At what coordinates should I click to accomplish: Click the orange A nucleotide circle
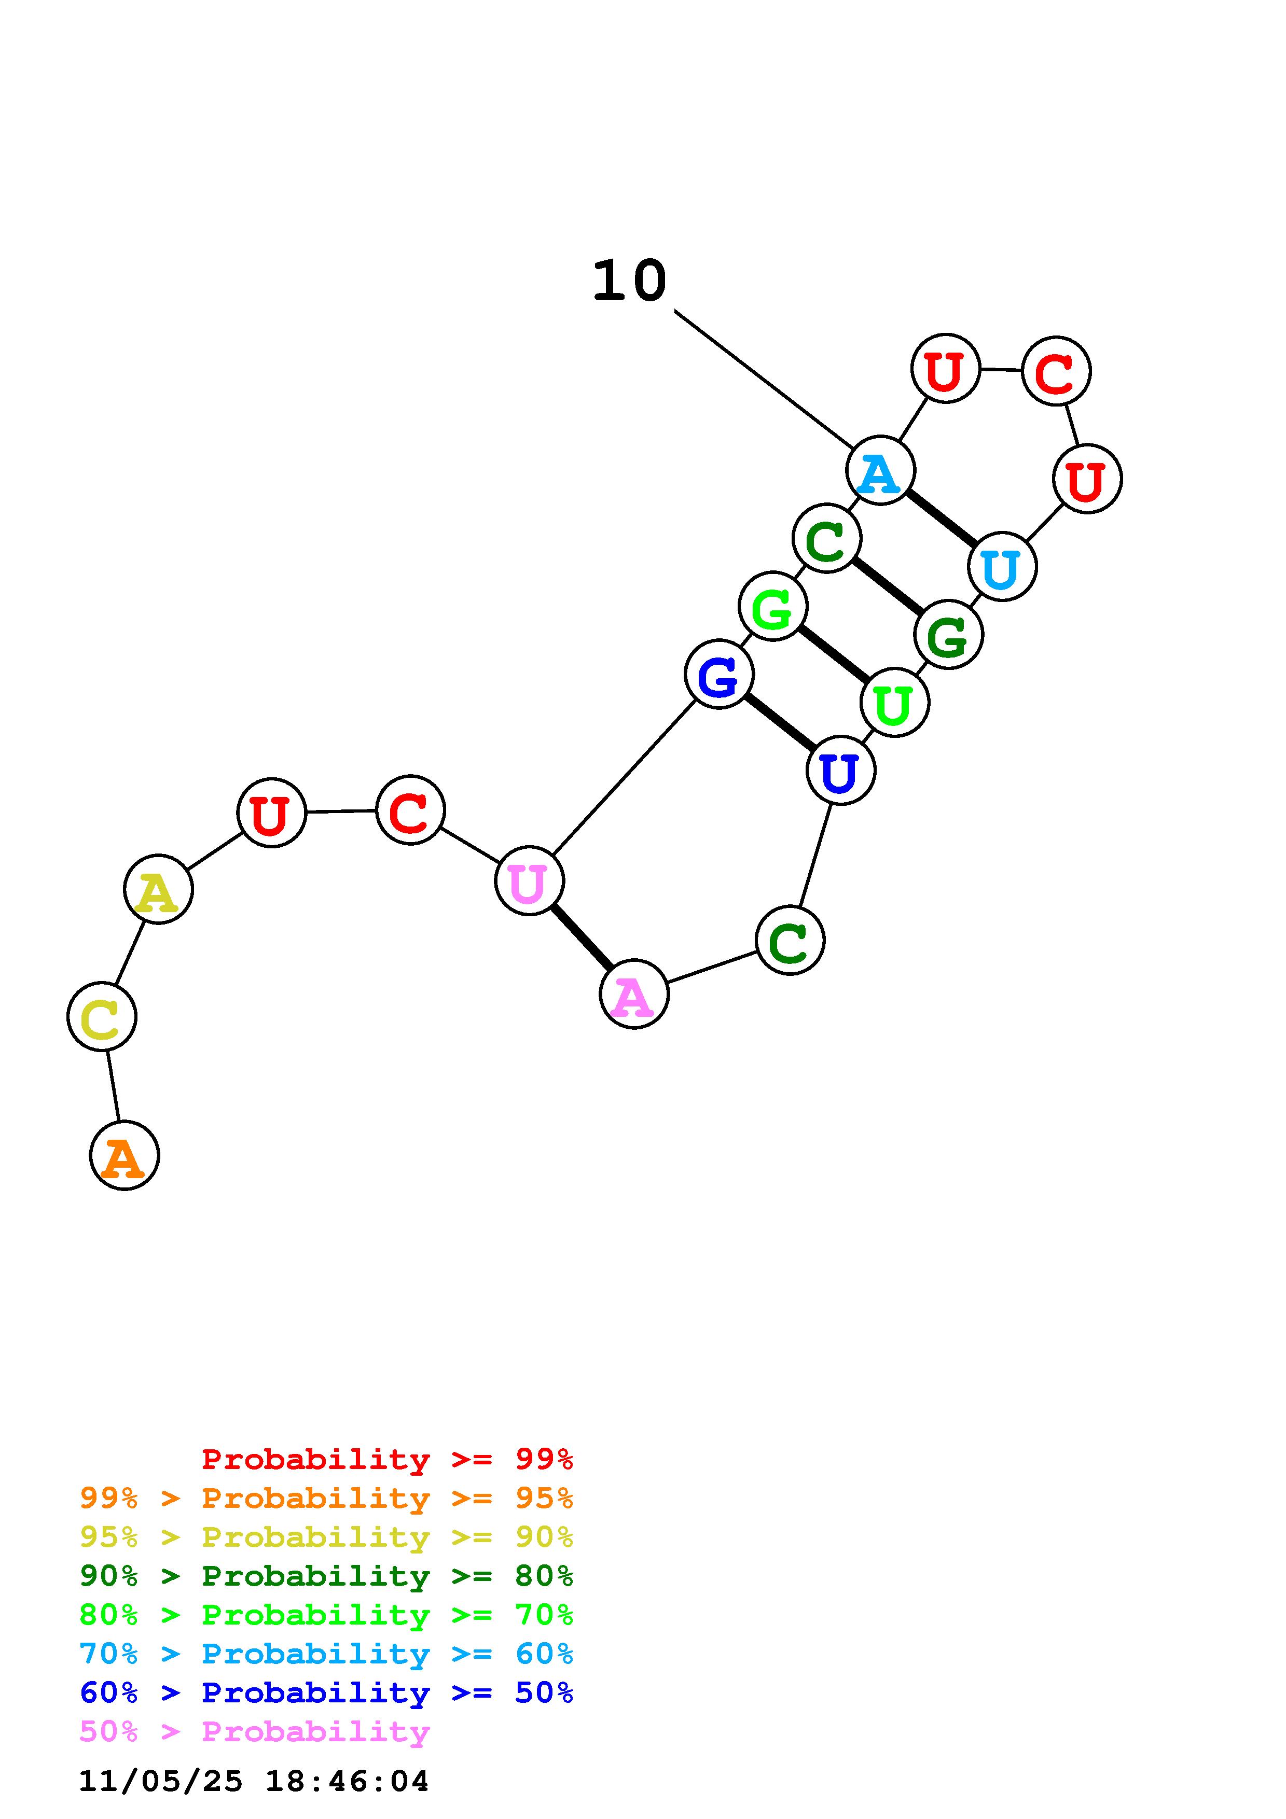pos(125,1155)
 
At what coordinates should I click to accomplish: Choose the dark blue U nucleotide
pos(841,770)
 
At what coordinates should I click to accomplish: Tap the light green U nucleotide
pos(894,703)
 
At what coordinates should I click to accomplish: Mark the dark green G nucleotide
pos(948,635)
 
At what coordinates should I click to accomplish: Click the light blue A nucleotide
pos(881,471)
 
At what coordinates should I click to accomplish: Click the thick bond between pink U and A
pos(582,937)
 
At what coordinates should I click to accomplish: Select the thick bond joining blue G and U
pos(780,722)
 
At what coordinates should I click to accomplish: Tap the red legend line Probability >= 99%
pos(388,1459)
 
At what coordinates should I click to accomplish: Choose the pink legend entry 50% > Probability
pos(254,1732)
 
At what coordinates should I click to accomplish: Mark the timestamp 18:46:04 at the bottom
pos(346,1782)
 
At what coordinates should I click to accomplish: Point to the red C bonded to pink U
pos(410,809)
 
